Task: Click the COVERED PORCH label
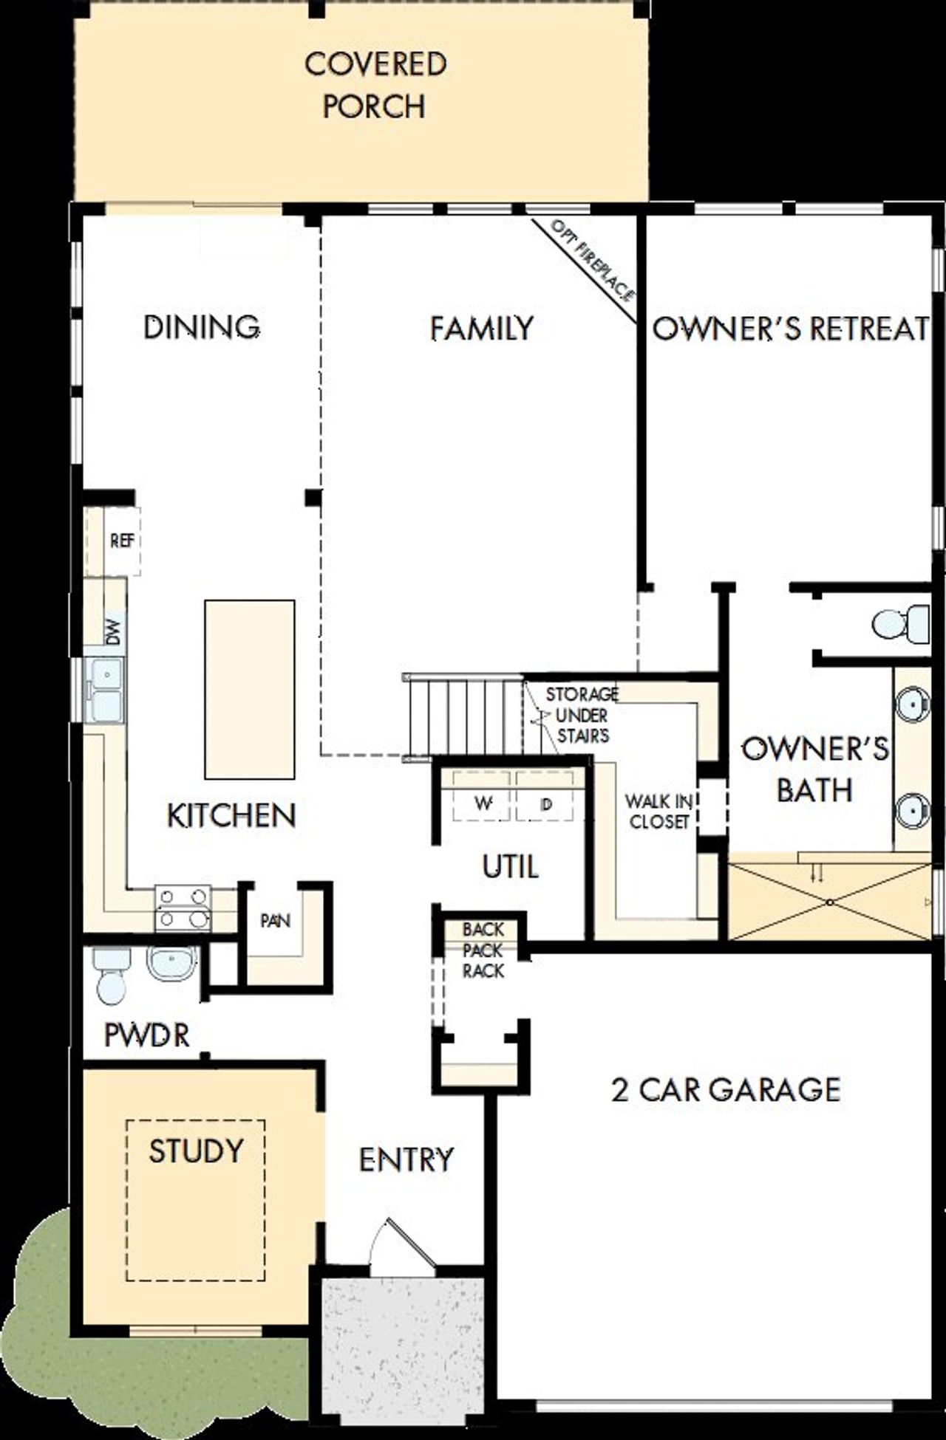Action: [x=375, y=85]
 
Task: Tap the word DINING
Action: [x=201, y=326]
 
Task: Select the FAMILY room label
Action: [x=481, y=329]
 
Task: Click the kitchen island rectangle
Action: [x=249, y=688]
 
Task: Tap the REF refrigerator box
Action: [x=122, y=541]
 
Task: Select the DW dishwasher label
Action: [x=112, y=631]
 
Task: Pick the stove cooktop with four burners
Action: [x=183, y=908]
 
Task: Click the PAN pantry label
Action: [x=275, y=921]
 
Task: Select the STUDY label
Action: [x=196, y=1151]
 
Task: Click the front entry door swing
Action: [x=403, y=1245]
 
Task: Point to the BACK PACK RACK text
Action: [x=483, y=950]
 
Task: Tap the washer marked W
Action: [x=483, y=803]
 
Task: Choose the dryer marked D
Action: [x=546, y=803]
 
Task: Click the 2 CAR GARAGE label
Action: [x=726, y=1089]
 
